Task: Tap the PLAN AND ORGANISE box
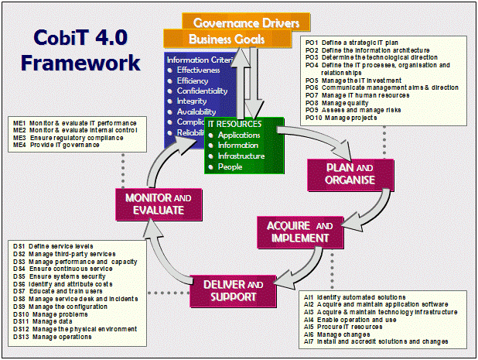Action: pos(341,174)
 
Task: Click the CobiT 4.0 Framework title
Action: pos(80,50)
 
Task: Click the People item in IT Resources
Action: pos(229,166)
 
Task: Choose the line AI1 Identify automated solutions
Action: pos(357,297)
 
